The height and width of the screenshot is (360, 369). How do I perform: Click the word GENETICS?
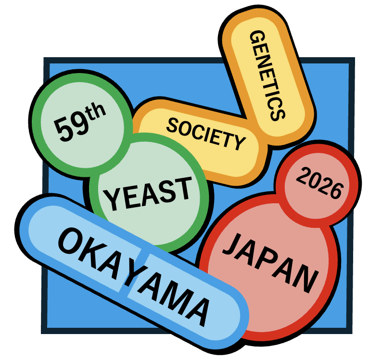267,76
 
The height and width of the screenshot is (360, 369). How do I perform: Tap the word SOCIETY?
206,134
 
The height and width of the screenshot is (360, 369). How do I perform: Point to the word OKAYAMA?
134,277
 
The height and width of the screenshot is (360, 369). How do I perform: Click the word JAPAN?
271,263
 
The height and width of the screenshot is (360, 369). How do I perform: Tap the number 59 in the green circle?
71,128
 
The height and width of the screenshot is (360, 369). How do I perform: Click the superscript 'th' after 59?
95,112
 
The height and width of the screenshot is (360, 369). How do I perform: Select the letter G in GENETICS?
257,37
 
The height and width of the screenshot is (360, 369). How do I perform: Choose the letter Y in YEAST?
113,200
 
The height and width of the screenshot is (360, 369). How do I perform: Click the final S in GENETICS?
278,113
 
